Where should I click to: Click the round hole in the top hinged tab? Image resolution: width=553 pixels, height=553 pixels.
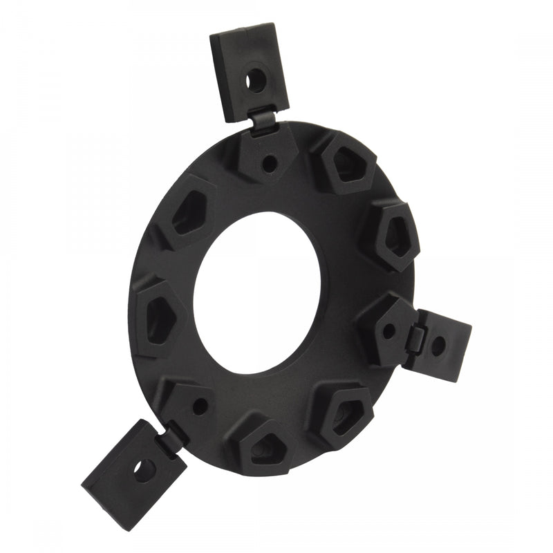[255, 80]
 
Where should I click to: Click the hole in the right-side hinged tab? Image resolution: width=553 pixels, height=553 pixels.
[438, 346]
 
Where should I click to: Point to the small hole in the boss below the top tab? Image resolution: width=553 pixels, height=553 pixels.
[270, 164]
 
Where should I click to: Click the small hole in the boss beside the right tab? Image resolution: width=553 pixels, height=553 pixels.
[389, 330]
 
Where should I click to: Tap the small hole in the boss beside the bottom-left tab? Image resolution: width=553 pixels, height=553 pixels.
[200, 406]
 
